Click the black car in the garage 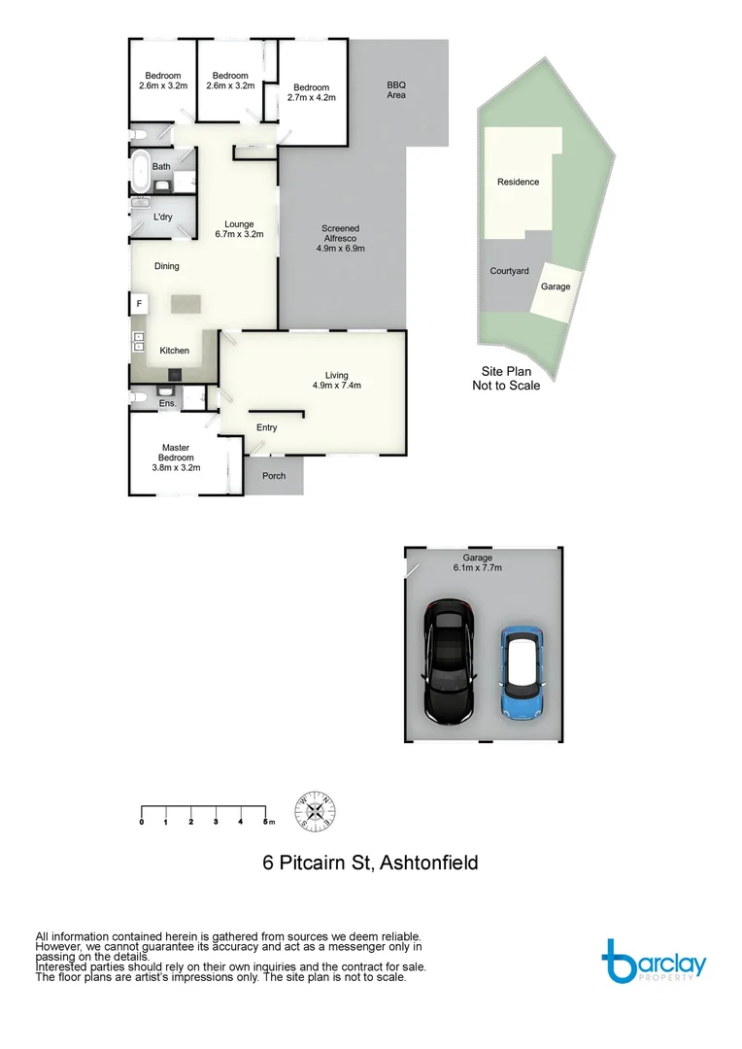click(x=448, y=661)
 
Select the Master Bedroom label click(x=176, y=457)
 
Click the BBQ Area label click(x=395, y=90)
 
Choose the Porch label click(x=274, y=476)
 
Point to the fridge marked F click(x=139, y=304)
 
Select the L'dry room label click(x=162, y=217)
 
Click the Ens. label click(x=167, y=402)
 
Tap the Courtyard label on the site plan click(x=509, y=271)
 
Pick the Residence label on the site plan click(x=518, y=182)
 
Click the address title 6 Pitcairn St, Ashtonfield click(x=370, y=863)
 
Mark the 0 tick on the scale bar click(x=142, y=822)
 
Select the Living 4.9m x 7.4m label click(x=336, y=381)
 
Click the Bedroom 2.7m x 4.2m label click(x=311, y=92)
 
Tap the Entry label click(x=266, y=427)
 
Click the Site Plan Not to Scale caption click(x=505, y=378)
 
